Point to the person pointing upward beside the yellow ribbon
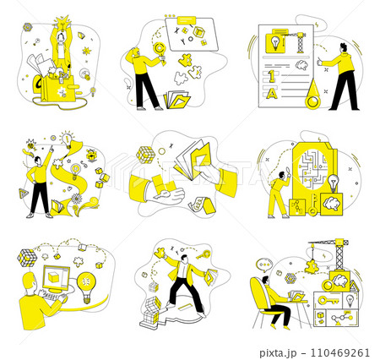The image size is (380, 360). click(x=37, y=182)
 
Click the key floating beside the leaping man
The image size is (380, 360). click(x=206, y=253)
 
